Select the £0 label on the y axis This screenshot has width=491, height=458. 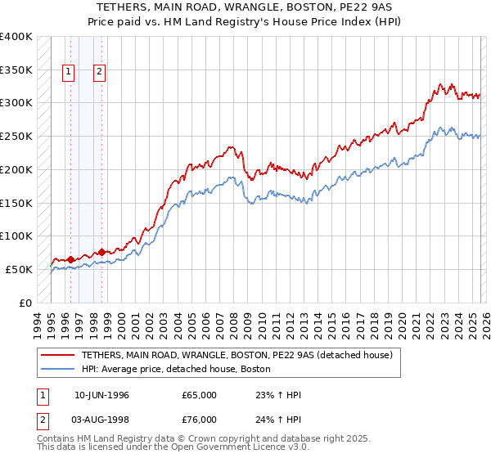[25, 303]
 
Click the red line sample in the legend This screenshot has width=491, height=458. [57, 355]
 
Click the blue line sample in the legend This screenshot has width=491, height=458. [57, 369]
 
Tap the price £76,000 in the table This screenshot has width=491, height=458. [199, 421]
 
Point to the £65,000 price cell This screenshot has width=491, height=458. [199, 395]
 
